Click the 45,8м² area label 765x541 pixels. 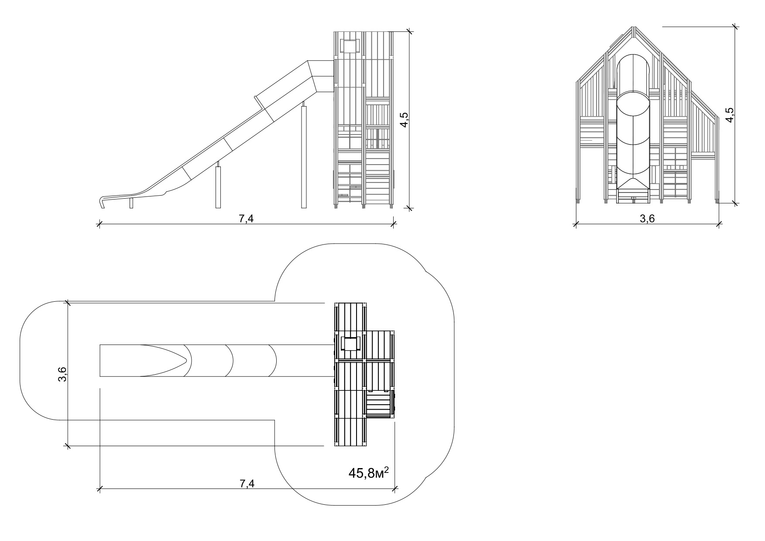tap(368, 473)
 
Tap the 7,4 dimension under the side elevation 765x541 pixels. tap(246, 219)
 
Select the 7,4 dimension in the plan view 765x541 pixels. tap(247, 484)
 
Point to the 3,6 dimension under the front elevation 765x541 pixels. tap(647, 219)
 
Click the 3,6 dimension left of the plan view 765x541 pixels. tap(62, 374)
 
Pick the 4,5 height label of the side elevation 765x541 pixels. tap(404, 120)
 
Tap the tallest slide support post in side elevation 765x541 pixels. tap(304, 155)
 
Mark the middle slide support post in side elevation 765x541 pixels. tap(218, 185)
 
